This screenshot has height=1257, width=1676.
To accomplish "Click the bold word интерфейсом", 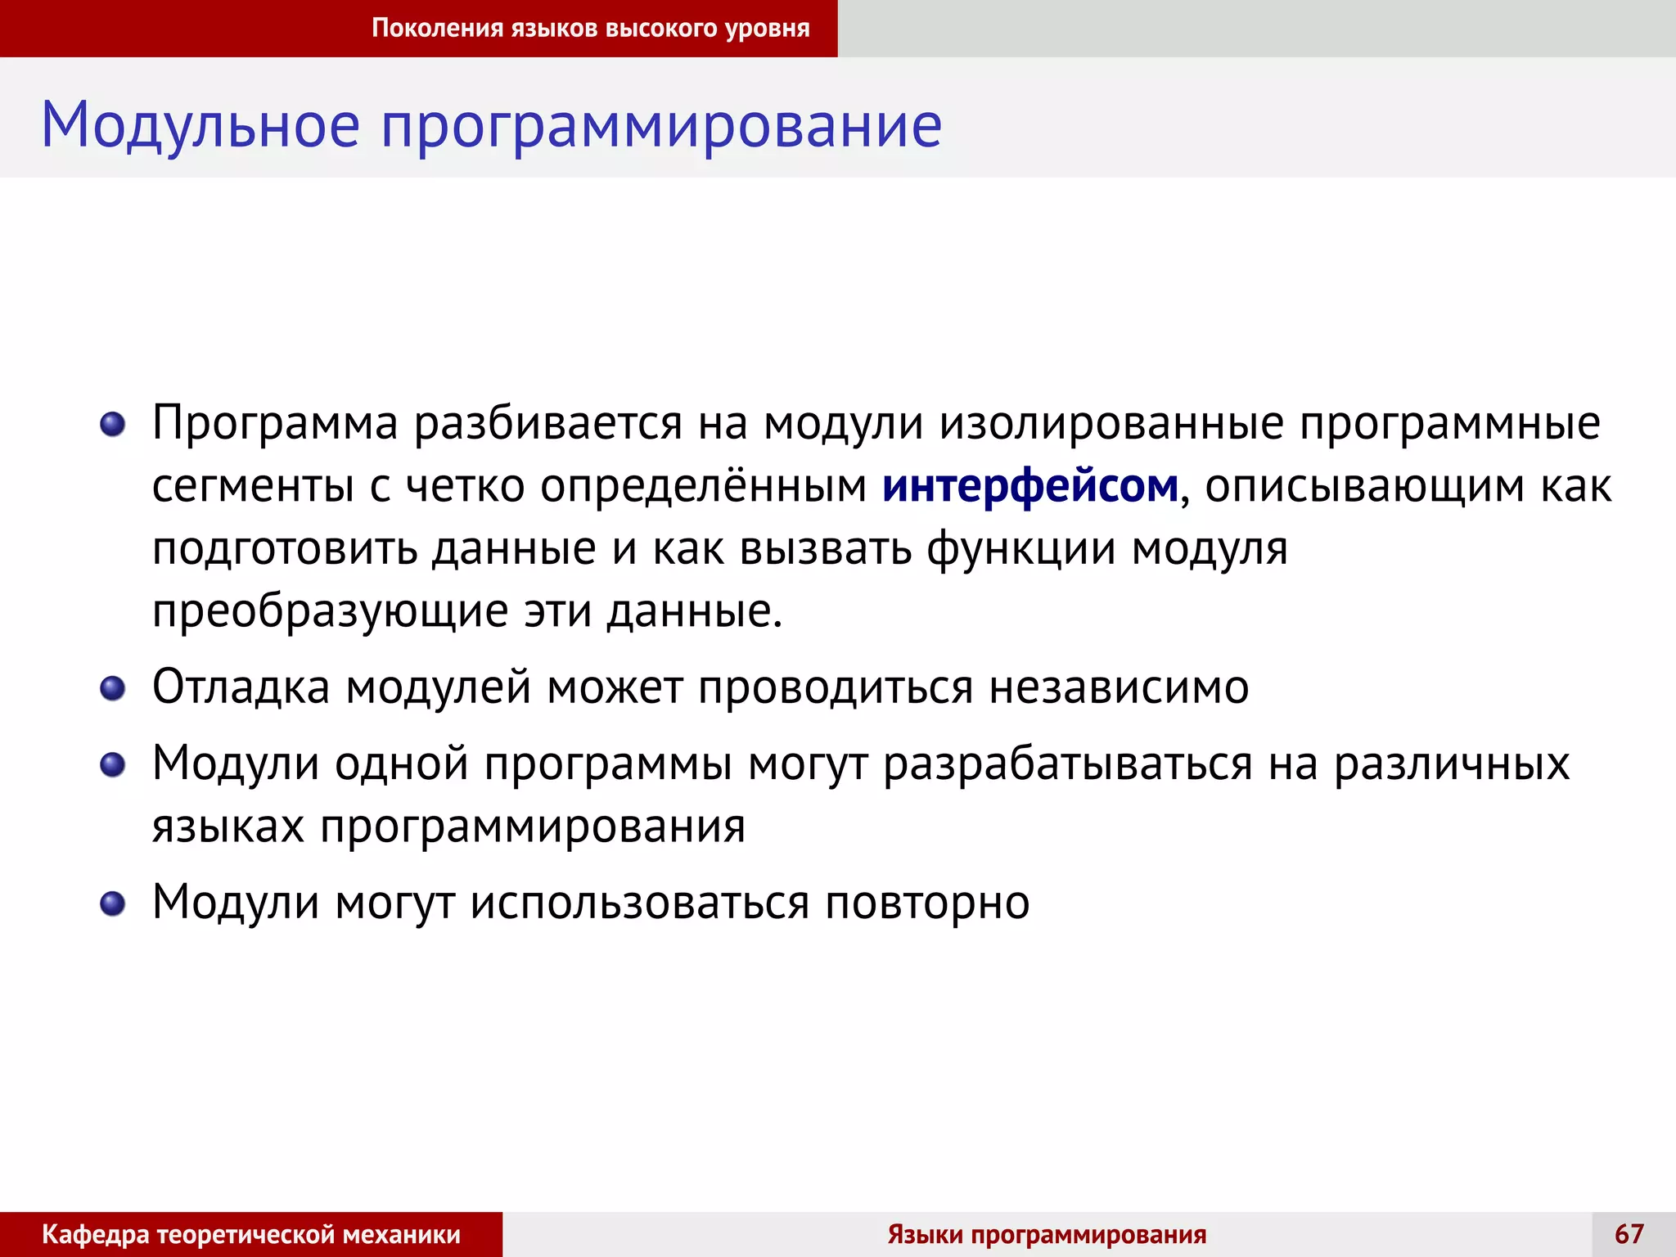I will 1029,486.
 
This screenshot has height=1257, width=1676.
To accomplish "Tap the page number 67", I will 1629,1233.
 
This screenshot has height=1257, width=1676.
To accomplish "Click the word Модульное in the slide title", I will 200,125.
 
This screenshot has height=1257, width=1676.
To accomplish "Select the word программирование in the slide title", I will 661,127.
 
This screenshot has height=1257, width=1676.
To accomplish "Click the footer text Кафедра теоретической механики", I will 250,1234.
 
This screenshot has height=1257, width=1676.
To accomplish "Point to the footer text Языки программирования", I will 1047,1234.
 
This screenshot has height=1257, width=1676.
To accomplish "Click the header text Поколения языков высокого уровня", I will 590,29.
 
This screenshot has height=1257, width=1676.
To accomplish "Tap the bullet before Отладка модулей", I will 112,688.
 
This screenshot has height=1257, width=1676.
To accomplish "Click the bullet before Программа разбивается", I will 112,425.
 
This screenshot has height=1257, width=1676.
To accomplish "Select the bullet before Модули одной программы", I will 112,765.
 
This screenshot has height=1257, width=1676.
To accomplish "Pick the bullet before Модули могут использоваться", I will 112,904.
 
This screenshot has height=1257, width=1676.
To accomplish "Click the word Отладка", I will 241,687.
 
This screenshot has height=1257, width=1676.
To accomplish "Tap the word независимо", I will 1119,687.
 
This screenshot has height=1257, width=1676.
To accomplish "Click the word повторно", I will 926,903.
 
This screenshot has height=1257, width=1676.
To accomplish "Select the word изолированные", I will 1111,424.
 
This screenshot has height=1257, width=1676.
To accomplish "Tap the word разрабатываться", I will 1068,764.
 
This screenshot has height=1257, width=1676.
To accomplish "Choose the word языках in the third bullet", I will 228,827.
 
